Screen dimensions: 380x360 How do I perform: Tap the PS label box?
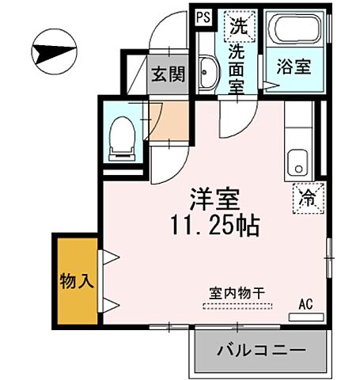coord(202,16)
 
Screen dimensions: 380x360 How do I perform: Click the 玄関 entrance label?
coord(167,75)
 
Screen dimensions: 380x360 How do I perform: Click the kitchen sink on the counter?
coord(297,161)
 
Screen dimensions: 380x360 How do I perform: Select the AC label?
coord(305,302)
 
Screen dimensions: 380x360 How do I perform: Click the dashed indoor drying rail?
coord(237,303)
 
